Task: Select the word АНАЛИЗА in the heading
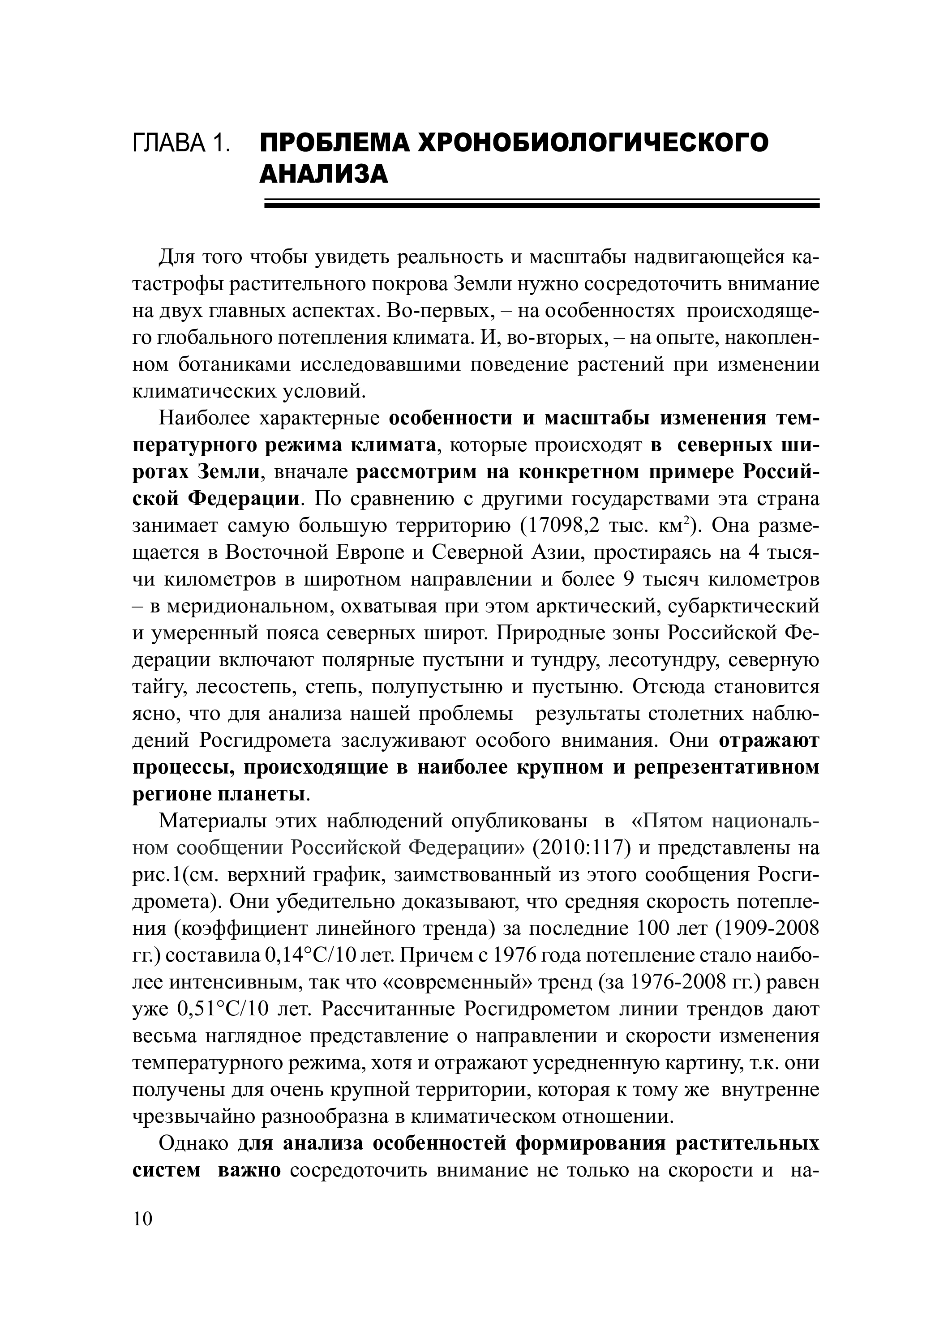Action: click(x=324, y=174)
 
